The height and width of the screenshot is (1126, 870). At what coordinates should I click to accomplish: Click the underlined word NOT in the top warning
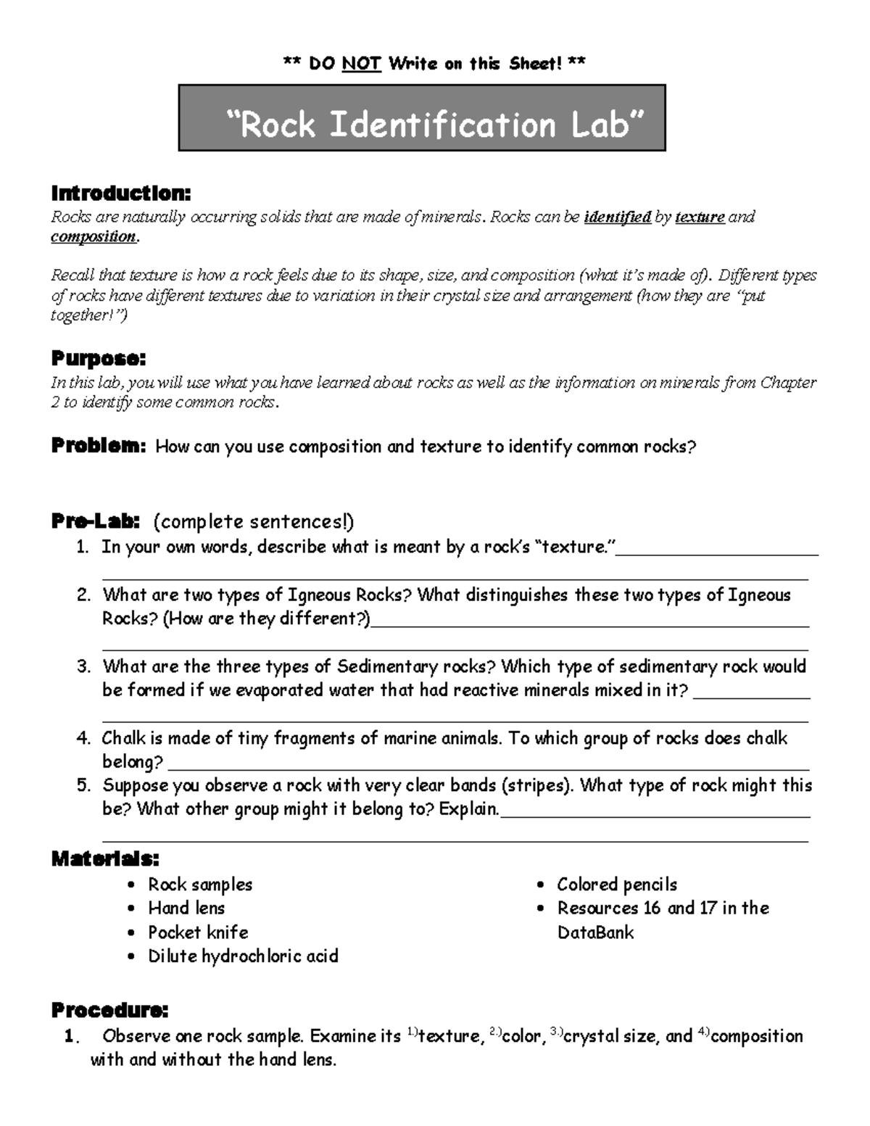361,64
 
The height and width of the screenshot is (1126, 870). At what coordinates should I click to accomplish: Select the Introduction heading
121,194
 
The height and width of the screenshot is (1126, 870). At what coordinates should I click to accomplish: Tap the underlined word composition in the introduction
93,237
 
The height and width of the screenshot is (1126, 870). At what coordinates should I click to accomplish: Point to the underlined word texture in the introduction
700,217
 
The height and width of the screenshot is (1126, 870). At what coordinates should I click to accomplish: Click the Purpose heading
99,359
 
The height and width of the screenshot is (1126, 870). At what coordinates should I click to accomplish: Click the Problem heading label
99,446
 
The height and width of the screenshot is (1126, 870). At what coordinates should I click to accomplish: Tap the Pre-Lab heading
95,521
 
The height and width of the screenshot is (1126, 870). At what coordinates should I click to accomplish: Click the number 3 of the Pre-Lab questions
83,666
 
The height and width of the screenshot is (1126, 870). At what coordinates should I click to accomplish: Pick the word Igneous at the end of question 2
759,595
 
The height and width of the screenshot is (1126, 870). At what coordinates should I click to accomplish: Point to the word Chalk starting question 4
123,738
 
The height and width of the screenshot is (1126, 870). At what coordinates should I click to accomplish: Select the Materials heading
105,859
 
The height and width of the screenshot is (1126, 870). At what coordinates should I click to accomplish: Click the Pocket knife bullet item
198,932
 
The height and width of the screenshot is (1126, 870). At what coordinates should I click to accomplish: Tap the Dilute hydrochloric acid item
243,956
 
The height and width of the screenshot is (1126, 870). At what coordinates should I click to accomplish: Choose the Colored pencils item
616,885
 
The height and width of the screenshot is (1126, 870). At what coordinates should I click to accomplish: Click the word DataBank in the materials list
595,932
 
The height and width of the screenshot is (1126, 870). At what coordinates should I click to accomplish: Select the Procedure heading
109,1010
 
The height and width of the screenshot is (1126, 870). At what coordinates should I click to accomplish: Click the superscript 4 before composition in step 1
703,1032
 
